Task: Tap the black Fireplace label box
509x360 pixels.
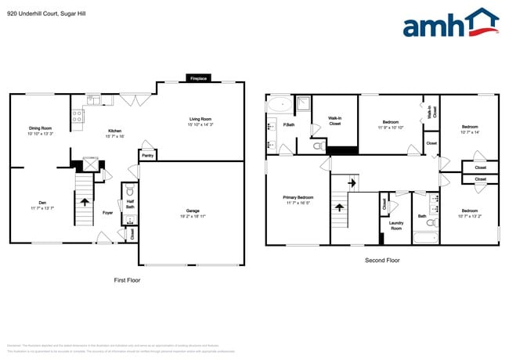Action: coord(199,78)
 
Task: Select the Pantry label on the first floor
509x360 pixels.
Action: coord(146,155)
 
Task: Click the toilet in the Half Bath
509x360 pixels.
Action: coord(130,191)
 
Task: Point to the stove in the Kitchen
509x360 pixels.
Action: coord(78,117)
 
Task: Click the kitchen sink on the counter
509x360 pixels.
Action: coord(94,99)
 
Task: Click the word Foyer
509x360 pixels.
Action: coord(108,212)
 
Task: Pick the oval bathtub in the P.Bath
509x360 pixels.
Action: coord(278,103)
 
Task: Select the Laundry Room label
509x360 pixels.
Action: coord(396,225)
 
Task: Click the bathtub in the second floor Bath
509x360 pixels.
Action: coord(425,237)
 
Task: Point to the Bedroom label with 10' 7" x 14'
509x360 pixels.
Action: coord(469,127)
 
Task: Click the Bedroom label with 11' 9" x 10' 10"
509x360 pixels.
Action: coord(390,121)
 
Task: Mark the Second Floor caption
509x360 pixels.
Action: coord(382,260)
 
